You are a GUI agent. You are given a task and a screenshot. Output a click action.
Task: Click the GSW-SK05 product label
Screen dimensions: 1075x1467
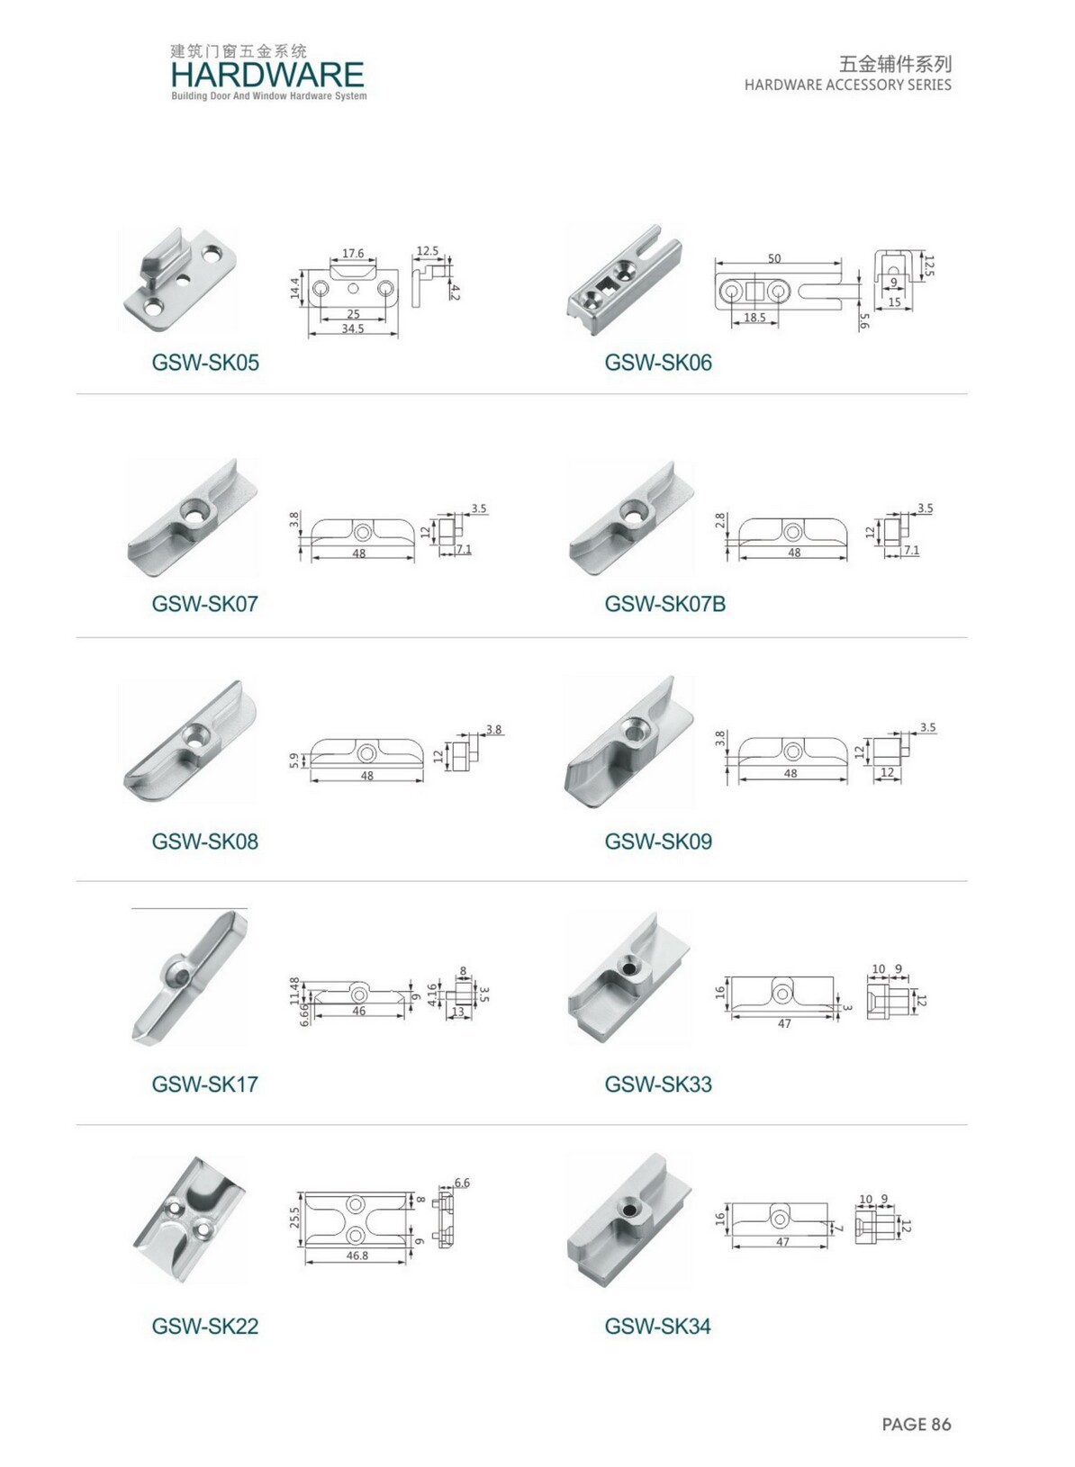pyautogui.click(x=205, y=362)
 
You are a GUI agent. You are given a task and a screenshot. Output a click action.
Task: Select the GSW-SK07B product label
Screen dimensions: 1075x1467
pyautogui.click(x=665, y=603)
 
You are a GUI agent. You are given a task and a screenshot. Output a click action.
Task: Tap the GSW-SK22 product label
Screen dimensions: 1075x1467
pyautogui.click(x=205, y=1327)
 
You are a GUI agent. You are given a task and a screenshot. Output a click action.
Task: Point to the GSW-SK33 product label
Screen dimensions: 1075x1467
pyautogui.click(x=658, y=1084)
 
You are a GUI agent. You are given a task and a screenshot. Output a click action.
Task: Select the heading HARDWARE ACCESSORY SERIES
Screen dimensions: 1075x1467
pyautogui.click(x=848, y=85)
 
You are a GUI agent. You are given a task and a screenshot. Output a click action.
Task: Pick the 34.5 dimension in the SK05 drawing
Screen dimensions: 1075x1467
pyautogui.click(x=352, y=328)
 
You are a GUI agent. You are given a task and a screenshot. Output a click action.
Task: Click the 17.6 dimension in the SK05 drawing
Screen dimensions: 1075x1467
pyautogui.click(x=352, y=254)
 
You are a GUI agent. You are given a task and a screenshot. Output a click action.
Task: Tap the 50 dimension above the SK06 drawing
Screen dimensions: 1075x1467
pyautogui.click(x=774, y=258)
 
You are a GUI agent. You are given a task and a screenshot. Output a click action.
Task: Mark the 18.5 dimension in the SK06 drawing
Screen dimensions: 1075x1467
pyautogui.click(x=754, y=317)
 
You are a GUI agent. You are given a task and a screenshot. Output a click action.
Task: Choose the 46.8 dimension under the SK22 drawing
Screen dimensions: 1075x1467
pyautogui.click(x=357, y=1255)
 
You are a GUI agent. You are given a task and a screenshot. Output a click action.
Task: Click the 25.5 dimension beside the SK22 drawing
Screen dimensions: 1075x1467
pyautogui.click(x=294, y=1217)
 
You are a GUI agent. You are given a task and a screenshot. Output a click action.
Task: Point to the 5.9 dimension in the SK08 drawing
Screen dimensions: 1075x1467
pyautogui.click(x=294, y=760)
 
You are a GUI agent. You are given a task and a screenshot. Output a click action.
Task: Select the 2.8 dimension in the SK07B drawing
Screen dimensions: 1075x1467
pyautogui.click(x=720, y=521)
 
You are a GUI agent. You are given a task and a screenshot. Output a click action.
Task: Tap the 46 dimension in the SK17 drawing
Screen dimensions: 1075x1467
pyautogui.click(x=359, y=1011)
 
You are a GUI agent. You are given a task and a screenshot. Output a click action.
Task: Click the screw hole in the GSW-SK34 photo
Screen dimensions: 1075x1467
pyautogui.click(x=629, y=1210)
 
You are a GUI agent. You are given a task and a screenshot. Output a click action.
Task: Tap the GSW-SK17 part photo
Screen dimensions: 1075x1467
pyautogui.click(x=188, y=976)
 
